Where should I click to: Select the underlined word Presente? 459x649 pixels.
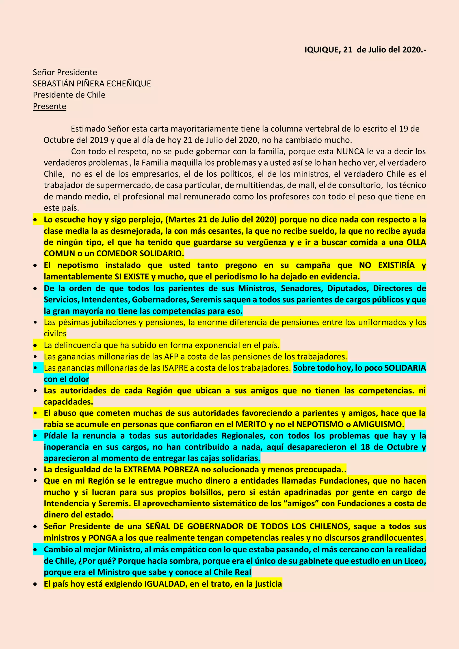pyautogui.click(x=50, y=106)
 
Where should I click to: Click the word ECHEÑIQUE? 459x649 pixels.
pyautogui.click(x=132, y=84)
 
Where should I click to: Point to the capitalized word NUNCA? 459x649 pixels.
pyautogui.click(x=350, y=151)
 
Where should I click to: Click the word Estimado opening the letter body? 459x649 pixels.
pyautogui.click(x=88, y=129)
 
